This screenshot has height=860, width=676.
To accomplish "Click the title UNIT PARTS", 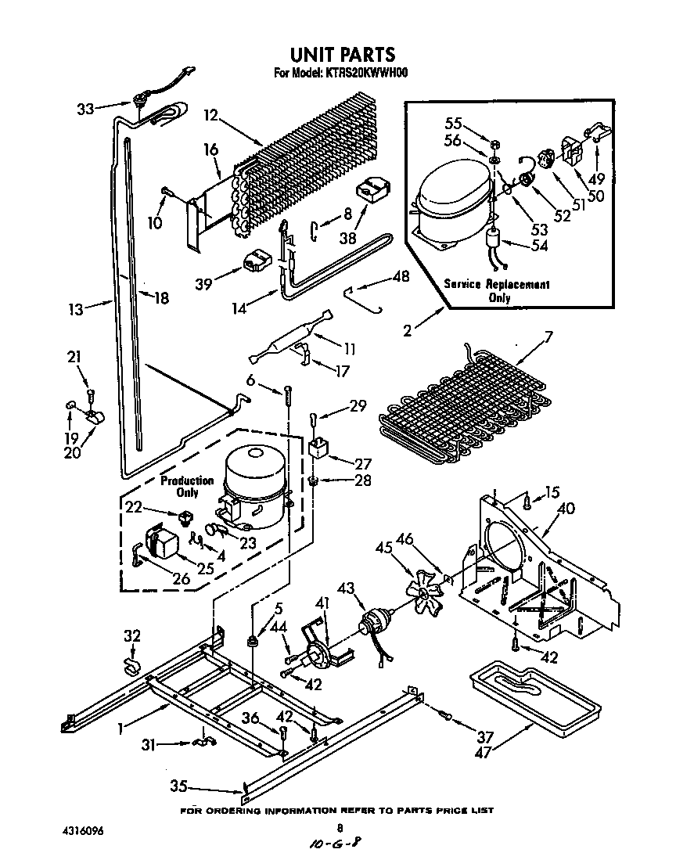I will pyautogui.click(x=342, y=55).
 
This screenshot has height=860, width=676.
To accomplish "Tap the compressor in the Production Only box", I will pyautogui.click(x=254, y=485).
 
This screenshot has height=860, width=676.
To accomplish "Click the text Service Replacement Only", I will pyautogui.click(x=497, y=290).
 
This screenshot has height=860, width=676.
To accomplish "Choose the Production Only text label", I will pyautogui.click(x=187, y=486).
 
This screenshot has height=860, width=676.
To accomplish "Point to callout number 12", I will pyautogui.click(x=209, y=115).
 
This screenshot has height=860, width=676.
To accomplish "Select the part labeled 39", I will pyautogui.click(x=256, y=261).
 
